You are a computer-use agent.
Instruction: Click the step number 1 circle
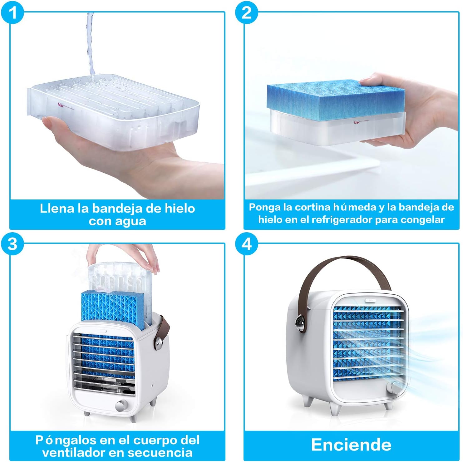pyautogui.click(x=12, y=13)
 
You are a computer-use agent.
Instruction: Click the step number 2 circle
pyautogui.click(x=247, y=13)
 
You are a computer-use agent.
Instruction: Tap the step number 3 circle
pyautogui.click(x=12, y=244)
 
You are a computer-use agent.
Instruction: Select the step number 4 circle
pyautogui.click(x=247, y=244)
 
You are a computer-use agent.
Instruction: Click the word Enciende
pyautogui.click(x=351, y=445)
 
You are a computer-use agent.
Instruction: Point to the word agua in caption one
pyautogui.click(x=131, y=222)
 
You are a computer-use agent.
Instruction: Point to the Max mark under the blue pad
pyautogui.click(x=357, y=122)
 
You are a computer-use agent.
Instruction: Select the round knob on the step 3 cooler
pyautogui.click(x=121, y=406)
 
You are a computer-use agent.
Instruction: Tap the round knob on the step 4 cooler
pyautogui.click(x=393, y=388)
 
